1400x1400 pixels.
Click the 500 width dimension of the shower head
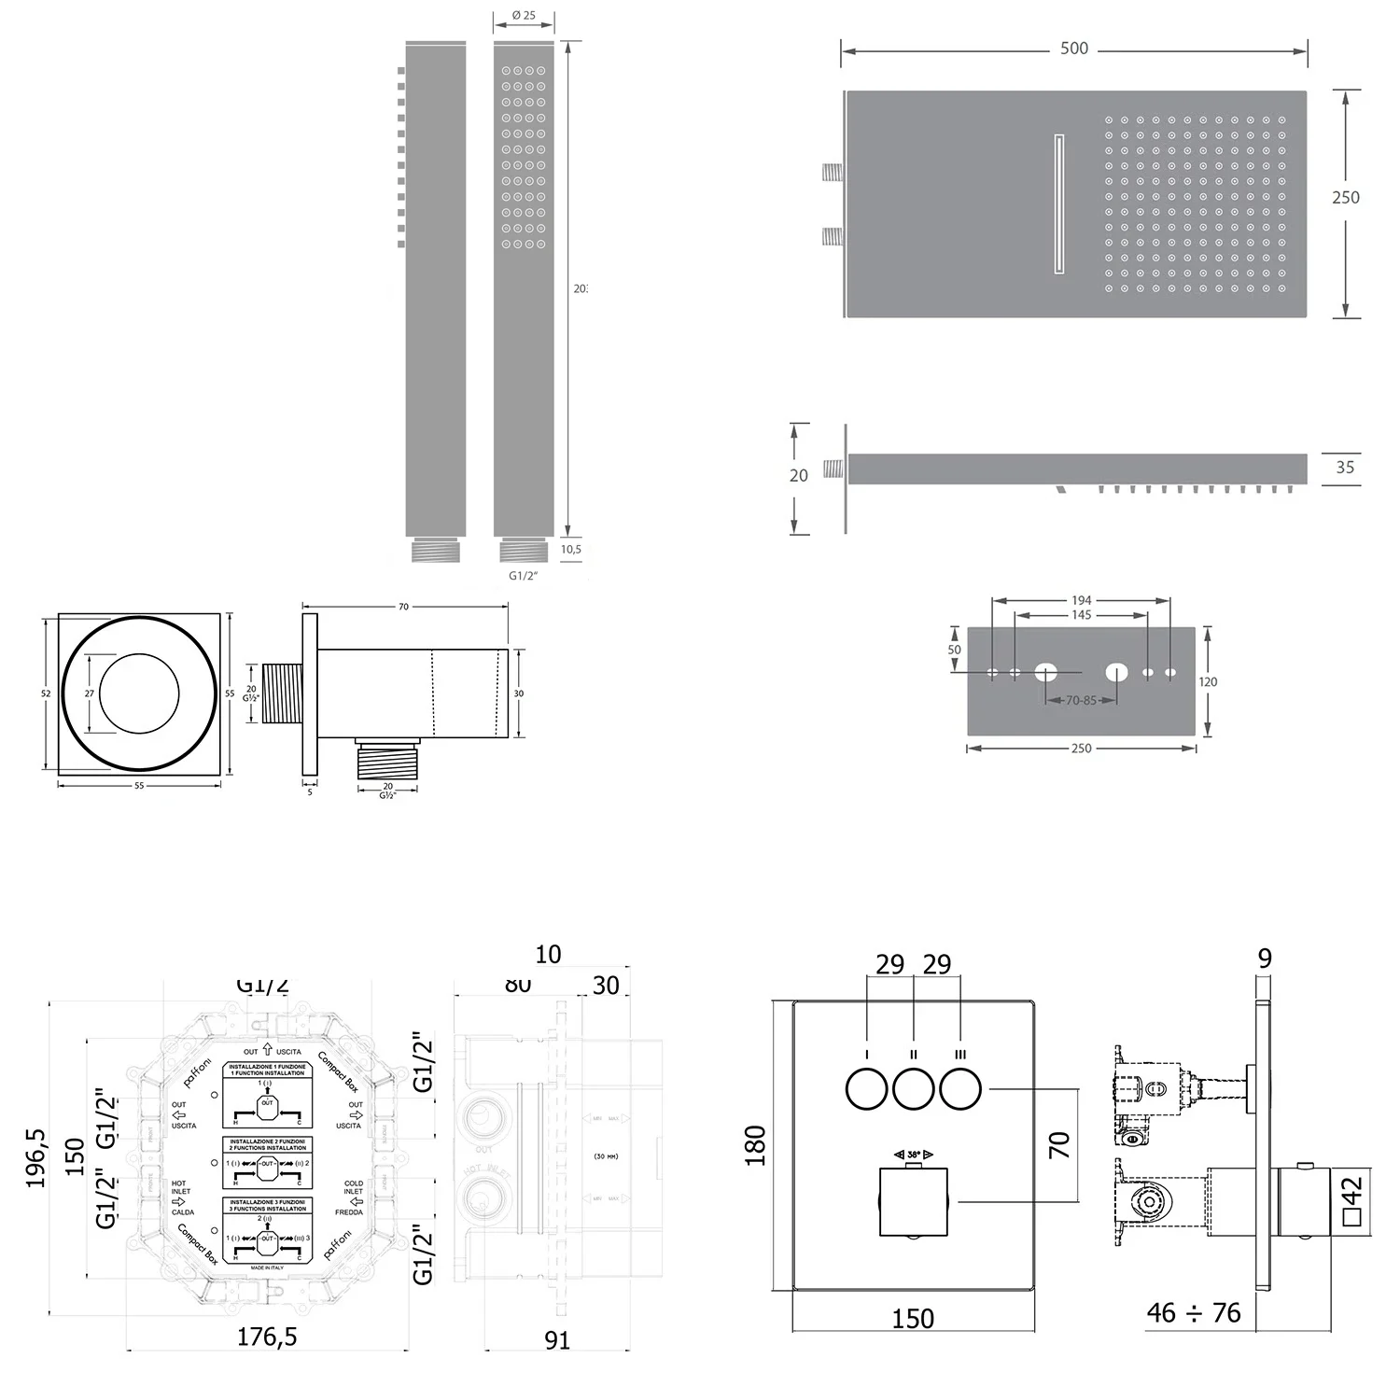coord(1073,49)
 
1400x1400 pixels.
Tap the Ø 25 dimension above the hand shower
coord(524,16)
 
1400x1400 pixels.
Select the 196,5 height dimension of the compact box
coord(36,1156)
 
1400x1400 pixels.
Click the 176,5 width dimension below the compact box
coord(267,1337)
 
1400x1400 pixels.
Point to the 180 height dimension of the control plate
coord(755,1144)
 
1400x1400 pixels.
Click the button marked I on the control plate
coord(867,1089)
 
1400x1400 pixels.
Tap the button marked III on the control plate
coord(960,1089)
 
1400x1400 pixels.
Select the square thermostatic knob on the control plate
coord(914,1201)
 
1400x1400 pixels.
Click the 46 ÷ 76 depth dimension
coord(1194,1313)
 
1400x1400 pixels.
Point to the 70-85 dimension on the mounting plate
coord(1081,700)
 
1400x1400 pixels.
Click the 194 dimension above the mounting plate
coord(1081,600)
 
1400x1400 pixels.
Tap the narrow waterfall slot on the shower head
coord(1059,204)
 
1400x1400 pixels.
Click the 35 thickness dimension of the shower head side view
coord(1344,468)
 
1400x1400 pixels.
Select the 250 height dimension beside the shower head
coord(1345,197)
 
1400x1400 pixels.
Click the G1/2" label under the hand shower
coord(524,576)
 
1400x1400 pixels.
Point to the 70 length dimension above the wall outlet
coord(403,607)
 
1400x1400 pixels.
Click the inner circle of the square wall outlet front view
coord(139,693)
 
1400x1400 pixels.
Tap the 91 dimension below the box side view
coord(557,1340)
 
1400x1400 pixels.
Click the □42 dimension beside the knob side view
coord(1352,1201)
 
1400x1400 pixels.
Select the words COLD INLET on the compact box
coord(353,1187)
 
